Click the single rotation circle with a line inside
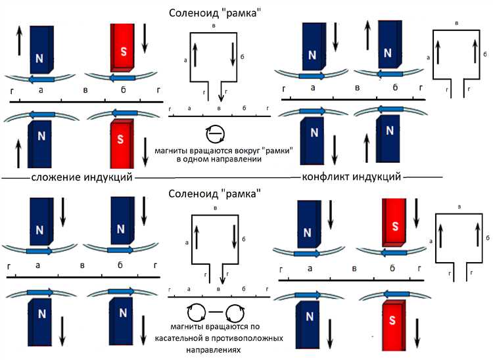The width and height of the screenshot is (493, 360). (214, 135)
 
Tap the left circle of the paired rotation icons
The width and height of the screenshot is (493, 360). (195, 311)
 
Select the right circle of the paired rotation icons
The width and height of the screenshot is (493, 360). (234, 311)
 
